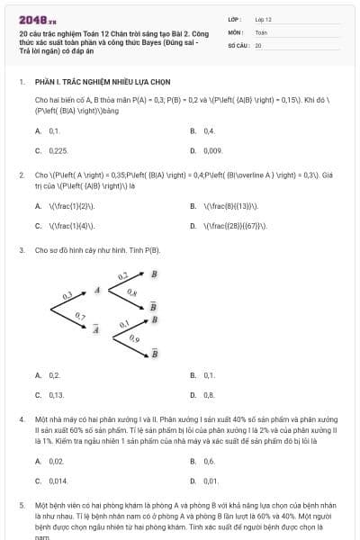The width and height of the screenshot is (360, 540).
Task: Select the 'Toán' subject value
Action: click(x=261, y=31)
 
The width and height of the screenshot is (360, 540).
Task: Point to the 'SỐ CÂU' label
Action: click(x=238, y=44)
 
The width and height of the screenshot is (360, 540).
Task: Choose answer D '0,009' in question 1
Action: click(x=212, y=150)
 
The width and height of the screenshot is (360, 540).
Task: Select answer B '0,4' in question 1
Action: click(x=208, y=130)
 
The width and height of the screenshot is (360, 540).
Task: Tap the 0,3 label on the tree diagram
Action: click(x=67, y=294)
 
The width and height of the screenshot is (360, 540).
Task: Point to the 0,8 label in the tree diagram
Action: click(x=132, y=293)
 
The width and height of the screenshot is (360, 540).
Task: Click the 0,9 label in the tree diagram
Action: click(x=134, y=339)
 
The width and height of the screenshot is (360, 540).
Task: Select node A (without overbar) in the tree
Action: click(x=97, y=291)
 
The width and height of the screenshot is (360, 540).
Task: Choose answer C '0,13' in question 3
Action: click(x=57, y=394)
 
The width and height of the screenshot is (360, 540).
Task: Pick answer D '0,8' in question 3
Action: click(x=209, y=394)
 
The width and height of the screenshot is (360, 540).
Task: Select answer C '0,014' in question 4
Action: click(x=58, y=481)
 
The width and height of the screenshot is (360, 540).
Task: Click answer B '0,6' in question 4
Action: click(x=209, y=461)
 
